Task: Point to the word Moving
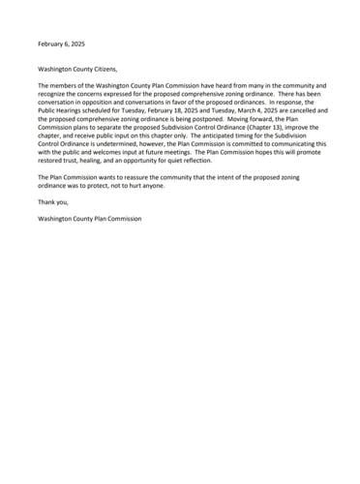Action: tap(220, 121)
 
